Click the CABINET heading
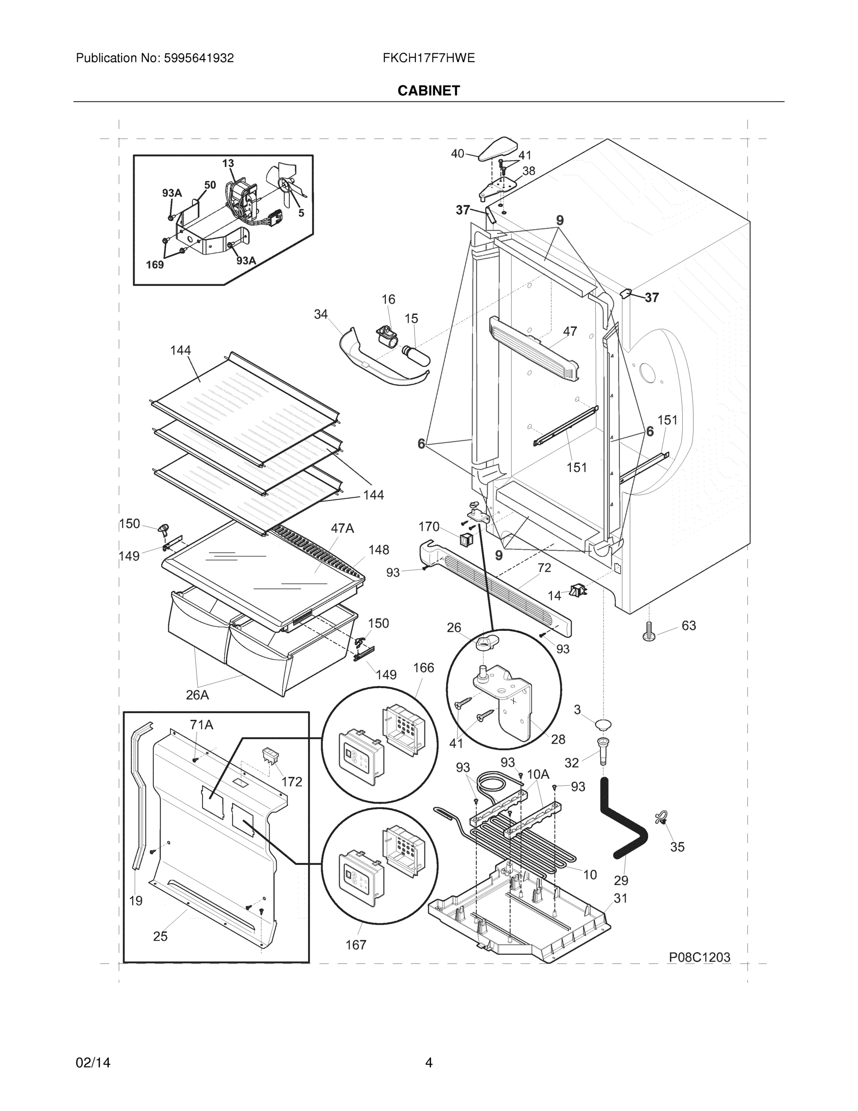428,91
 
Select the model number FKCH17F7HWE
428,58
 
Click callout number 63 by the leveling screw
688,626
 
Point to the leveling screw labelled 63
648,631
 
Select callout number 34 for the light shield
320,314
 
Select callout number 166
423,668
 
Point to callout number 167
356,945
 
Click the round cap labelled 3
603,724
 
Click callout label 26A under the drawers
197,694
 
